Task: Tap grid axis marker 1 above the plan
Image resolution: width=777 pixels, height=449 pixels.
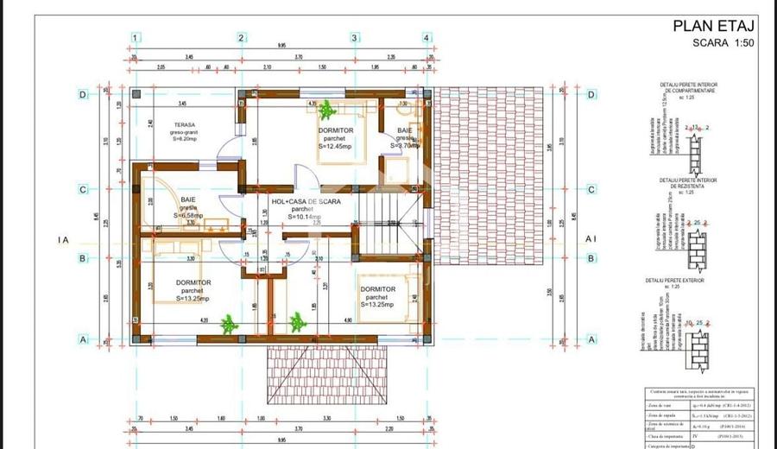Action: pyautogui.click(x=136, y=38)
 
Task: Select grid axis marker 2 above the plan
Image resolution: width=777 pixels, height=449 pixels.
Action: pyautogui.click(x=242, y=38)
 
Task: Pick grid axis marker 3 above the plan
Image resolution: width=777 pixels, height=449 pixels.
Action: pyautogui.click(x=354, y=38)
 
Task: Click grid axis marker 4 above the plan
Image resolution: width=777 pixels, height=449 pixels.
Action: pyautogui.click(x=426, y=38)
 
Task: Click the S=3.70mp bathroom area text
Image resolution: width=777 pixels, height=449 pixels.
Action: pyautogui.click(x=403, y=146)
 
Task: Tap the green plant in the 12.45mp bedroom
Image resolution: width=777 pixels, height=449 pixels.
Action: pyautogui.click(x=326, y=110)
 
